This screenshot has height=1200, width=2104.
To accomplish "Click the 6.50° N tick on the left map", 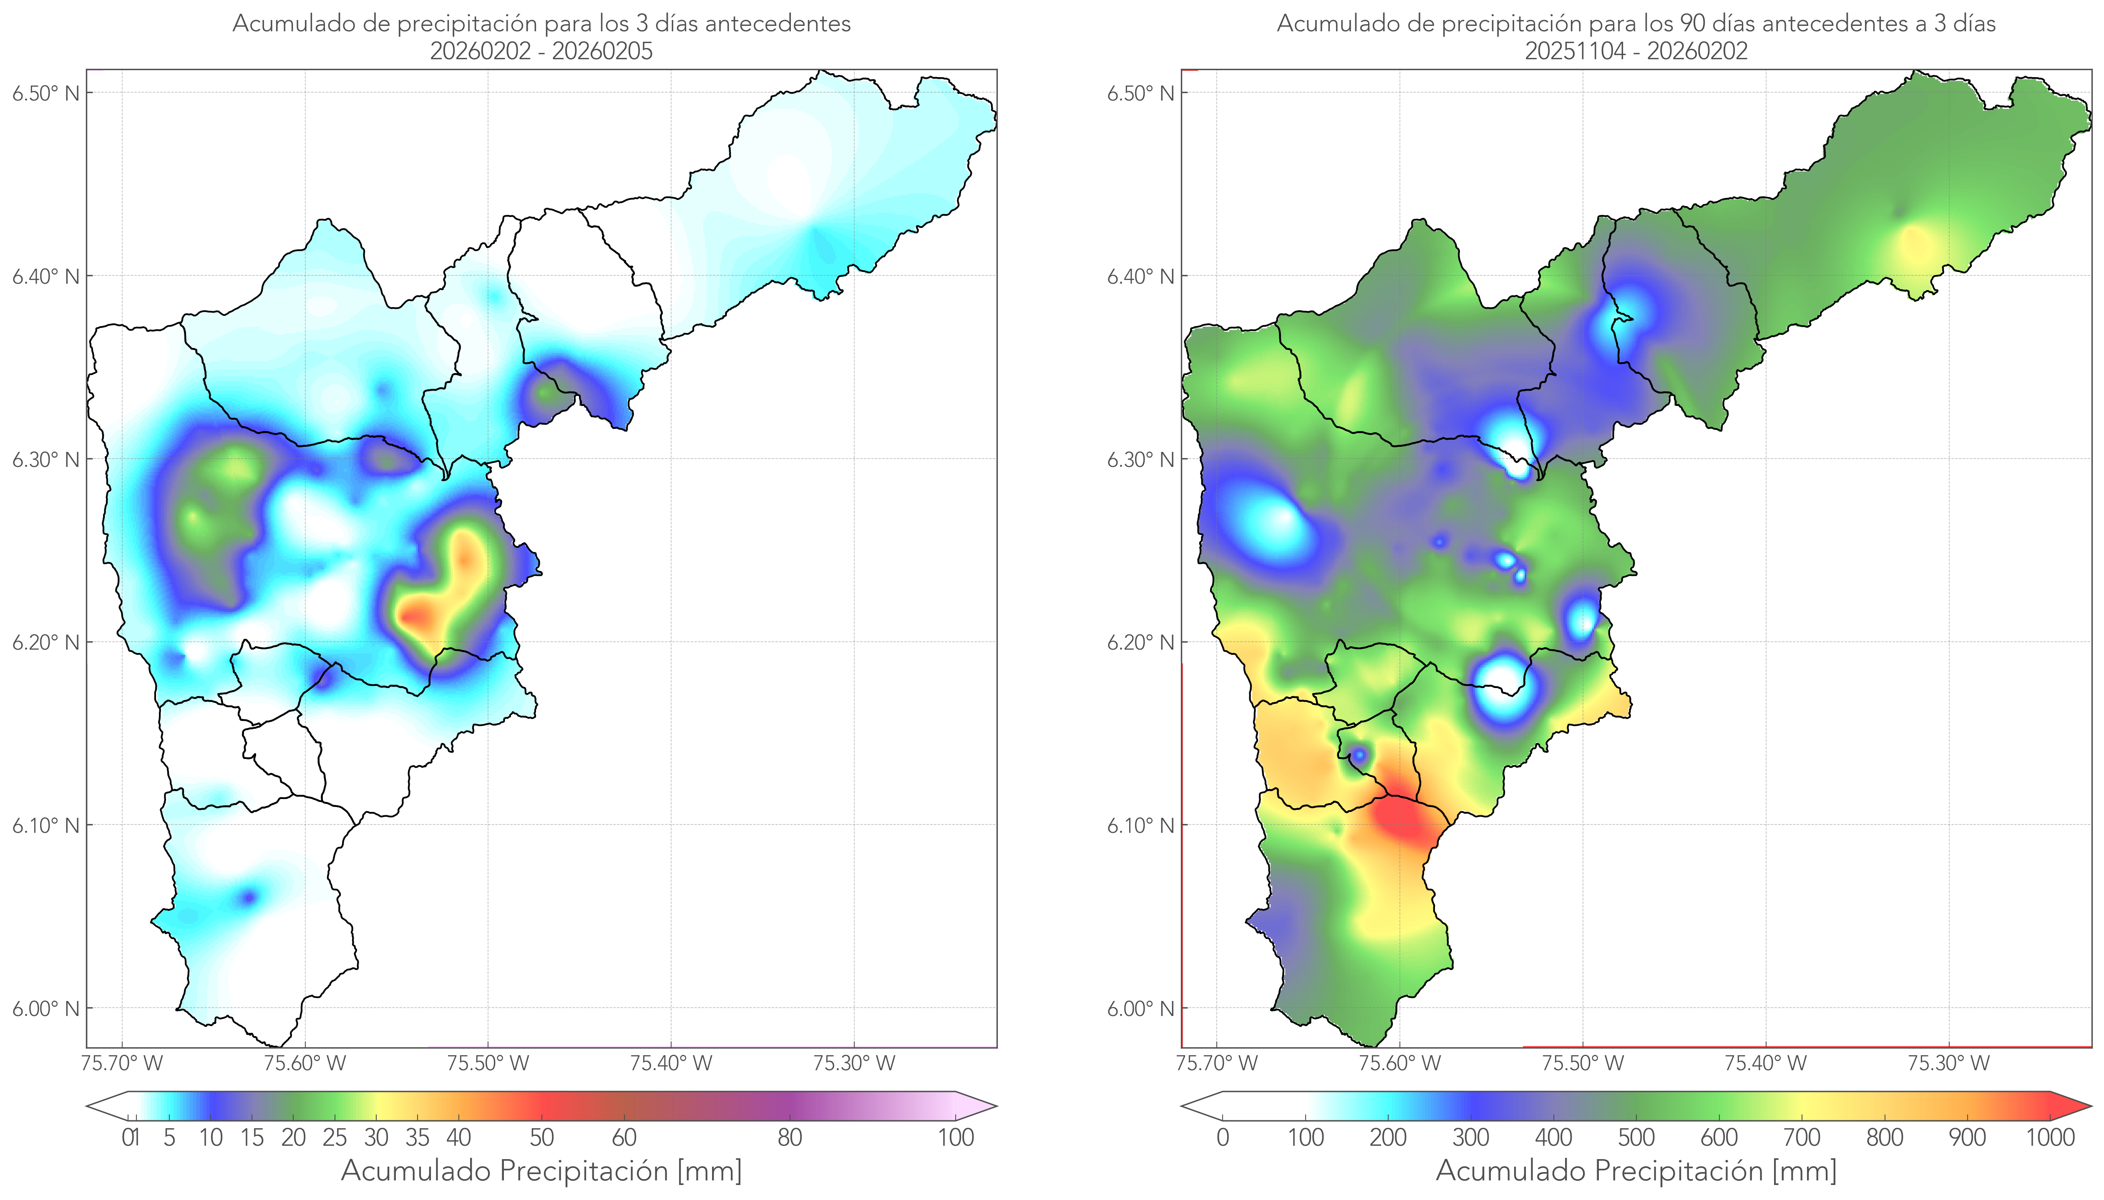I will coord(46,92).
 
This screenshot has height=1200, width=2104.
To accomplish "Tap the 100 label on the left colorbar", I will coord(956,1137).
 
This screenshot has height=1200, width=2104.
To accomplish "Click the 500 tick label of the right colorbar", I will coord(1636,1137).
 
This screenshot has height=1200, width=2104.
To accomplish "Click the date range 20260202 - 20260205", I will coord(541,51).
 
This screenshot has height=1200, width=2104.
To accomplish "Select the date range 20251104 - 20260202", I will coord(1636,51).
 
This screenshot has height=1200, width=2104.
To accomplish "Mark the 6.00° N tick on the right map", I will coord(1141,1008).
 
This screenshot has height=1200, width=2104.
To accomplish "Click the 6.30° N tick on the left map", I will coord(46,459).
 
